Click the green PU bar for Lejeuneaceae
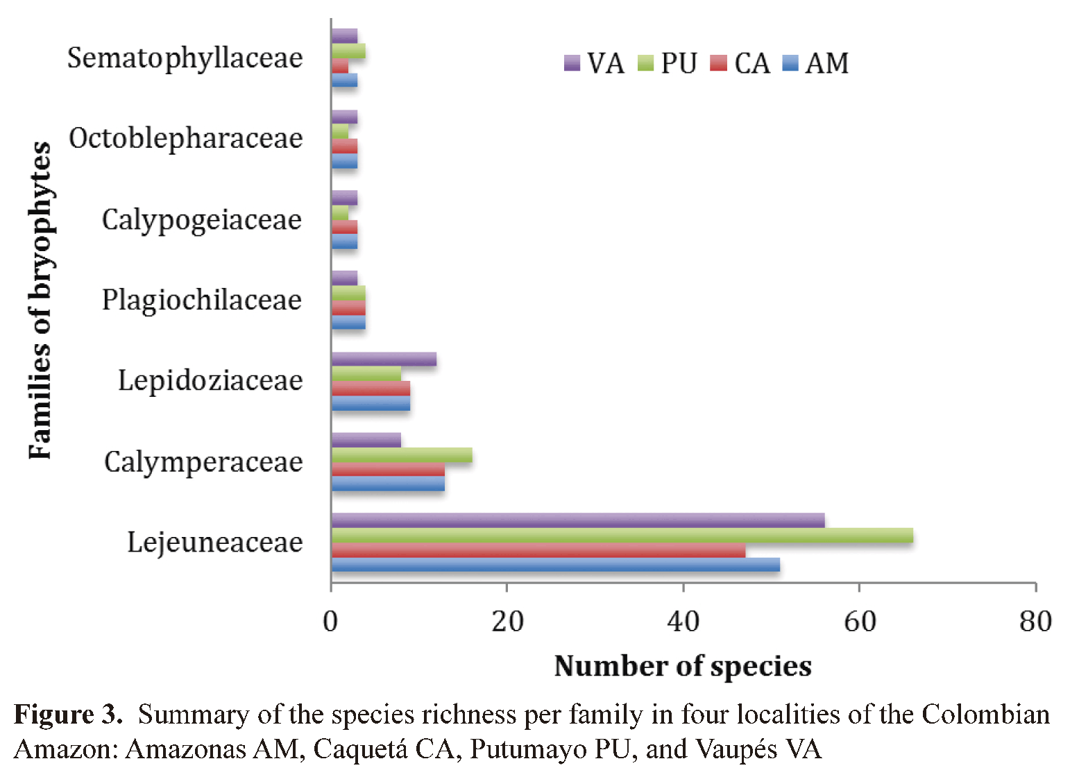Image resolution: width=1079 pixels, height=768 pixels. point(622,535)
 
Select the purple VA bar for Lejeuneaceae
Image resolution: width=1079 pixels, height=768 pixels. point(577,520)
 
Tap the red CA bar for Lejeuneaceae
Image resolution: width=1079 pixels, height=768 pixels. point(538,550)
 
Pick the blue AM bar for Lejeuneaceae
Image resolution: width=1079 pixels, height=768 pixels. point(555,565)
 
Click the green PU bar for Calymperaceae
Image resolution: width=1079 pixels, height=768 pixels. point(402,455)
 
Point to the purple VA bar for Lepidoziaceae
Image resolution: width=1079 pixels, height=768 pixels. point(384,359)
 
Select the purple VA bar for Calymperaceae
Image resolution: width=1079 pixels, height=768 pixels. point(366,440)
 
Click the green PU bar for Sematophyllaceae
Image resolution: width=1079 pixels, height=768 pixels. point(348,51)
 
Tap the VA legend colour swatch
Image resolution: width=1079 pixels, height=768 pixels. point(572,63)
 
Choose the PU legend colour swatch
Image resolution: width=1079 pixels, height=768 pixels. point(645,63)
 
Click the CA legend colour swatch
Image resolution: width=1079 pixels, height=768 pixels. point(719,63)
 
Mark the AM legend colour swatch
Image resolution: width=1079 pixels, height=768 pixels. point(790,63)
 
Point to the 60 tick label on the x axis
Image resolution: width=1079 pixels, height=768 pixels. point(859,621)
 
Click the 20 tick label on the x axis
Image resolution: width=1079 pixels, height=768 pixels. point(507,621)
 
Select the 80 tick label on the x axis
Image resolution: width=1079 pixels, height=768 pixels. point(1035,621)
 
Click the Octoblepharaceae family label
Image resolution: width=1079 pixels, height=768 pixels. point(186,138)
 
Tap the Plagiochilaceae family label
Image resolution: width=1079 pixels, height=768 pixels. point(202,300)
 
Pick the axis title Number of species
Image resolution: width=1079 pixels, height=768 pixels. point(683,666)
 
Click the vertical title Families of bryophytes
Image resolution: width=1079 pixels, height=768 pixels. point(40,300)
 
